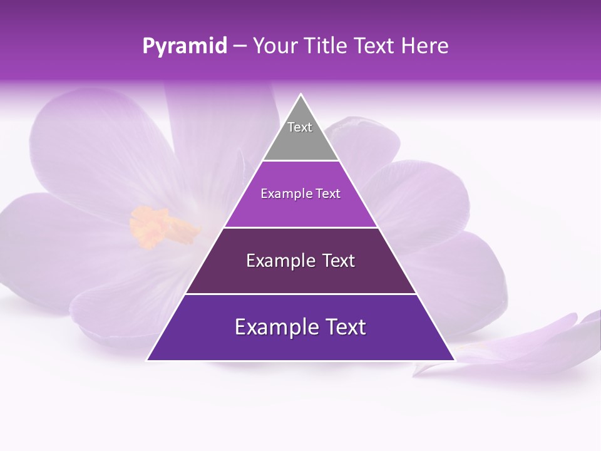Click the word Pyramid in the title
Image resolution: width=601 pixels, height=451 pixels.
[184, 46]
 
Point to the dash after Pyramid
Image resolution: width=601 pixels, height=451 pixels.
[239, 46]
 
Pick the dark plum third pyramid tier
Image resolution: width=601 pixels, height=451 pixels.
[300, 276]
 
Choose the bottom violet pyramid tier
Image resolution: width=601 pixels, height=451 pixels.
[300, 345]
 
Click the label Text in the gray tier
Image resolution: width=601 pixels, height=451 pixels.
[300, 127]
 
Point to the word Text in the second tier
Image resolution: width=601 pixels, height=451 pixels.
[327, 194]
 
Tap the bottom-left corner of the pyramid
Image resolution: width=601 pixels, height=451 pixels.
[148, 360]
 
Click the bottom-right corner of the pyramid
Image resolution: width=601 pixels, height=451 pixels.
[455, 360]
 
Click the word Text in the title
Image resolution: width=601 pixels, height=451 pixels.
[376, 46]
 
